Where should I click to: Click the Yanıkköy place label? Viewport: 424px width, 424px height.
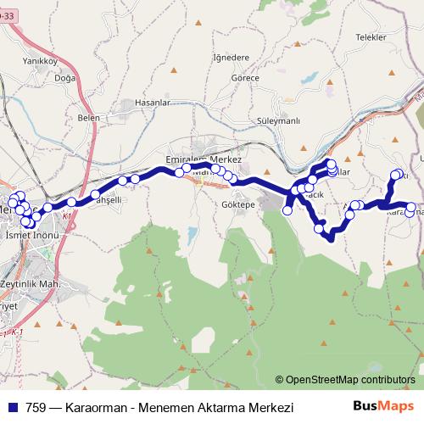tap(40, 60)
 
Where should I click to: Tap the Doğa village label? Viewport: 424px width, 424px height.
tap(65, 77)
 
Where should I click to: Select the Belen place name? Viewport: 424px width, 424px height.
tap(88, 118)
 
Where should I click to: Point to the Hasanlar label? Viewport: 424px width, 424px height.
tap(153, 102)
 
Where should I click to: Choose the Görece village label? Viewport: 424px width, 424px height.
tap(244, 77)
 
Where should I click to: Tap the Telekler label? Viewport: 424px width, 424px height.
tap(371, 38)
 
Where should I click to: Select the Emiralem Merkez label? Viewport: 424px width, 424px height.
tap(204, 159)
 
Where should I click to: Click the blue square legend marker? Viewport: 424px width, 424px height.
tap(12, 408)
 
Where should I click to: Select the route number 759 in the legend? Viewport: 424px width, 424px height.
tap(36, 408)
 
